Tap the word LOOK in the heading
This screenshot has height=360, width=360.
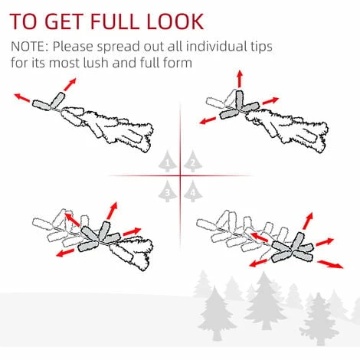(x=175, y=21)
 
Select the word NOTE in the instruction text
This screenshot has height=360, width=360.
(x=28, y=47)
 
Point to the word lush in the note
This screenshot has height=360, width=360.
(x=96, y=63)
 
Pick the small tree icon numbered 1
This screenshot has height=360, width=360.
(x=168, y=162)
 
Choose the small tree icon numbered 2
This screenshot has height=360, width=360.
(x=193, y=162)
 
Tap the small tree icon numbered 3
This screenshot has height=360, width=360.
(x=168, y=191)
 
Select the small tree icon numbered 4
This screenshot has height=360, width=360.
(x=193, y=191)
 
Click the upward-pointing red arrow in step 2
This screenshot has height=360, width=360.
(x=239, y=79)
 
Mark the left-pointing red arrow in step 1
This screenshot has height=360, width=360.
(x=22, y=98)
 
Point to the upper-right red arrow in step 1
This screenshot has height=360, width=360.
(x=70, y=84)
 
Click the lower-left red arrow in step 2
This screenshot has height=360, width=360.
(x=208, y=120)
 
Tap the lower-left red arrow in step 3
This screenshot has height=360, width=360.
(x=65, y=253)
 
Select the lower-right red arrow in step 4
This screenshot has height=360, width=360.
(x=330, y=264)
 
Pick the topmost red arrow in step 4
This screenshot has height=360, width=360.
(x=308, y=221)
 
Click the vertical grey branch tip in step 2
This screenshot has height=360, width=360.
(x=240, y=100)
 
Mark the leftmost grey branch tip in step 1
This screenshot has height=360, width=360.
(x=41, y=105)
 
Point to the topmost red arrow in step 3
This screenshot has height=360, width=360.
(x=112, y=211)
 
